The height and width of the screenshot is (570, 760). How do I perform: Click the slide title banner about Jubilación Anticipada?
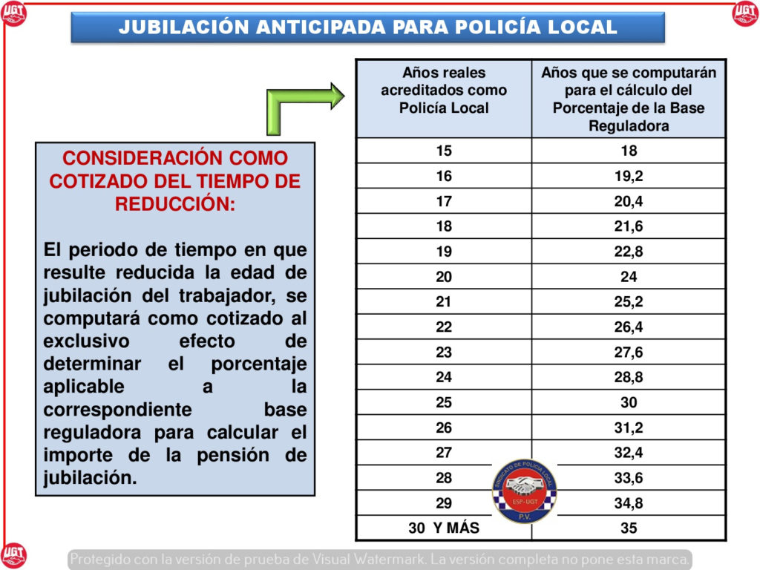pos(367,27)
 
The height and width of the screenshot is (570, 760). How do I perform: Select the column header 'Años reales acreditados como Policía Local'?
pos(444,91)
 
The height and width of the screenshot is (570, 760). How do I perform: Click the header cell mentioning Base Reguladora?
pos(629,99)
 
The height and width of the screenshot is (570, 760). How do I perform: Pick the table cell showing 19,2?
pos(629,176)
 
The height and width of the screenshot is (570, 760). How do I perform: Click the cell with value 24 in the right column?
pos(629,277)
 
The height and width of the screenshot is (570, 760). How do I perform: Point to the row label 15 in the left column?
pos(444,151)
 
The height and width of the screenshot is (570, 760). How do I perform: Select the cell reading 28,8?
pos(629,377)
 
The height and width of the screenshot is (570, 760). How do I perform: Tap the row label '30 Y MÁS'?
pos(444,528)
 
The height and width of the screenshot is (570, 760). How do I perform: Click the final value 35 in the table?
pos(629,528)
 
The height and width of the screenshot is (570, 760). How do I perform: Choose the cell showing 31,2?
pos(629,427)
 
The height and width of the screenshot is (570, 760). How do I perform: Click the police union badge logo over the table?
pos(525,490)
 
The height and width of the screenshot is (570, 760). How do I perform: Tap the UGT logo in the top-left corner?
pos(13,13)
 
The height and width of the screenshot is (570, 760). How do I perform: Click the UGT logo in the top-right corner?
pos(745,13)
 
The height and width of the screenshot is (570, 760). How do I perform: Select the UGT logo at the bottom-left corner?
pos(13,555)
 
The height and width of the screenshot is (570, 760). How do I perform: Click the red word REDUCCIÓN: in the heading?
pos(175,205)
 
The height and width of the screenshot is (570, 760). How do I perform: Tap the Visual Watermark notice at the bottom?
pos(380,559)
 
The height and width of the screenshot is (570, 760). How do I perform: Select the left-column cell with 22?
pos(444,327)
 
